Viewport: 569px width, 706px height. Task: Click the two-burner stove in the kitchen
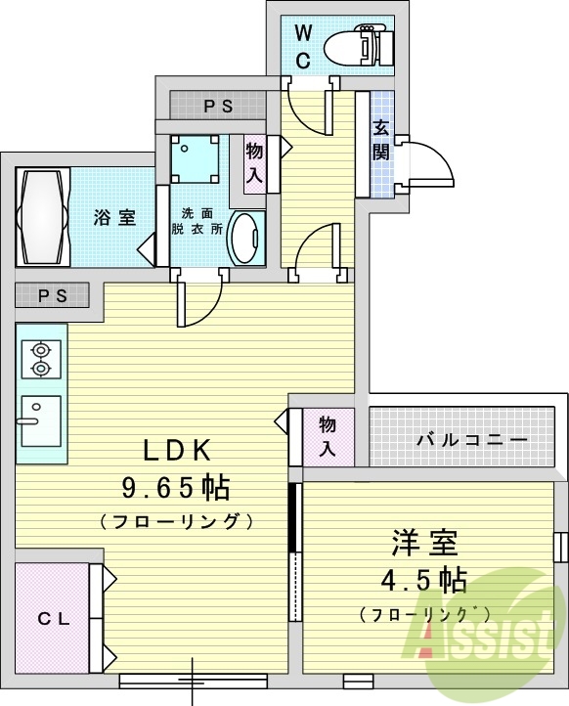pyautogui.click(x=41, y=358)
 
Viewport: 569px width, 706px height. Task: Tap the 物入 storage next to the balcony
pyautogui.click(x=328, y=436)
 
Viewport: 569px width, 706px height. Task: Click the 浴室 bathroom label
pyautogui.click(x=114, y=218)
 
